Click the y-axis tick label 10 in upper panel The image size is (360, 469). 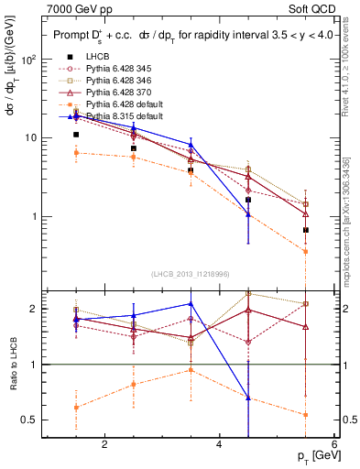[x=32, y=138]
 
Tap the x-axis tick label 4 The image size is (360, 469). [x=219, y=444]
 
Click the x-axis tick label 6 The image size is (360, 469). [x=333, y=444]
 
